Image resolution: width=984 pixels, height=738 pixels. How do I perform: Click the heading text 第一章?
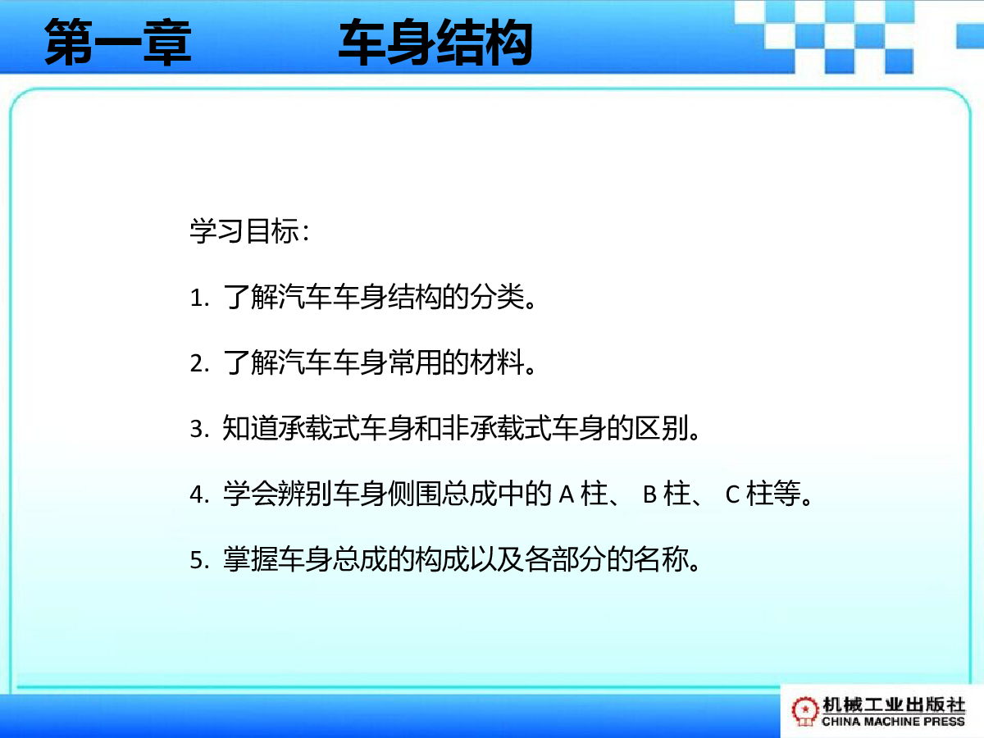[x=118, y=42]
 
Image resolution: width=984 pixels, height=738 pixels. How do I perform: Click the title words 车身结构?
[x=435, y=42]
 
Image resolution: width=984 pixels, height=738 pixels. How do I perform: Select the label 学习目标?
[x=244, y=231]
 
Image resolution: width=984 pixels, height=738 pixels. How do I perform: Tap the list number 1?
[x=199, y=298]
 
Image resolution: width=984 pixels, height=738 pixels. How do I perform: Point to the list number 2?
[x=199, y=363]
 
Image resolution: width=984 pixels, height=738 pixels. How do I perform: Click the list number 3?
[x=199, y=429]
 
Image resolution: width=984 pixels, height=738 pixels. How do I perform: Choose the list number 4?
[x=199, y=495]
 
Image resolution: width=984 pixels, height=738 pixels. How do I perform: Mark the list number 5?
[x=199, y=561]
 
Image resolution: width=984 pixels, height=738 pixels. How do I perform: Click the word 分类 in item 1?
[x=497, y=297]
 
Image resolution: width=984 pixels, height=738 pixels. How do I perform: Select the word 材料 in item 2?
[x=497, y=362]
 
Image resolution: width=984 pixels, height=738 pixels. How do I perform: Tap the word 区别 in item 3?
[x=662, y=428]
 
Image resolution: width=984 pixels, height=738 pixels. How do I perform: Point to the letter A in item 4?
[x=567, y=495]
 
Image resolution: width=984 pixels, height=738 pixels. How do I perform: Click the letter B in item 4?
[x=650, y=495]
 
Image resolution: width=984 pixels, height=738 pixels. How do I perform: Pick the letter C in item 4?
[x=732, y=495]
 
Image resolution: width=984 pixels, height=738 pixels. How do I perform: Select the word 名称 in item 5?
[x=662, y=559]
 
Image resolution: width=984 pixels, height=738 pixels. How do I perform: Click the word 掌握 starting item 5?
[x=250, y=559]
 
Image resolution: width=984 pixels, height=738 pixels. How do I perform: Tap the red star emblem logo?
[x=804, y=711]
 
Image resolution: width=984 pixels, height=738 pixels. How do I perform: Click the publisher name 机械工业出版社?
[x=894, y=705]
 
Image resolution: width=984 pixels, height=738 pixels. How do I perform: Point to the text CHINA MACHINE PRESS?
[x=893, y=722]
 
